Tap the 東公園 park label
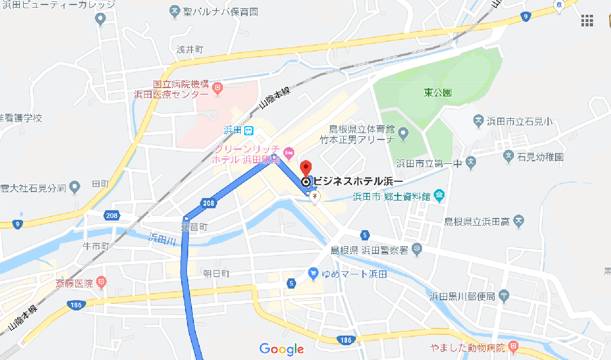coord(438,93)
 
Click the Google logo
coord(281,349)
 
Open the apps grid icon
coord(587,21)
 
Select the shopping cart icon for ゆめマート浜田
coord(313,273)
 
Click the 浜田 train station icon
coord(248,130)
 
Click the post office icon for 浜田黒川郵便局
coord(504,296)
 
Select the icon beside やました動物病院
coord(513,347)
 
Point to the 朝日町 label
coord(217,273)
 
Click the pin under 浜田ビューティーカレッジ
coord(100,19)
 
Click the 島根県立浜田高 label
coord(477,222)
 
